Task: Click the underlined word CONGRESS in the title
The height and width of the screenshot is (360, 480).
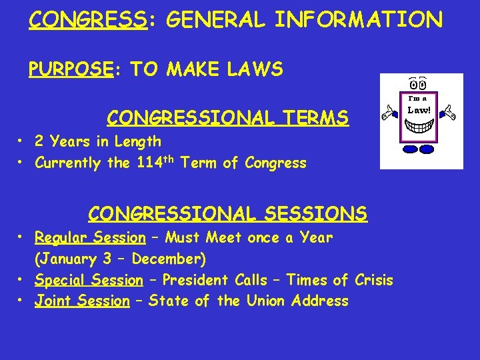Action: tap(87, 20)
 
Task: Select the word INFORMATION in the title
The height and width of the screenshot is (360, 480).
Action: tap(359, 20)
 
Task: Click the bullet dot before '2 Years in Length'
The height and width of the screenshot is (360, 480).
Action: tap(22, 142)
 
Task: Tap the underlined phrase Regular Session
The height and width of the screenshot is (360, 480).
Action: tap(90, 237)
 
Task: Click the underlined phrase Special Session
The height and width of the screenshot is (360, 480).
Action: tap(89, 280)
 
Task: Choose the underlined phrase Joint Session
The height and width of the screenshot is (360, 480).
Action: tap(82, 301)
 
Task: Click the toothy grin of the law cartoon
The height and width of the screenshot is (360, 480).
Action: tap(420, 125)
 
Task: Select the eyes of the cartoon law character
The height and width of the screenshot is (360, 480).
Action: tap(419, 84)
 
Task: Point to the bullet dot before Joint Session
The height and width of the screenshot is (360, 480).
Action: tap(22, 302)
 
